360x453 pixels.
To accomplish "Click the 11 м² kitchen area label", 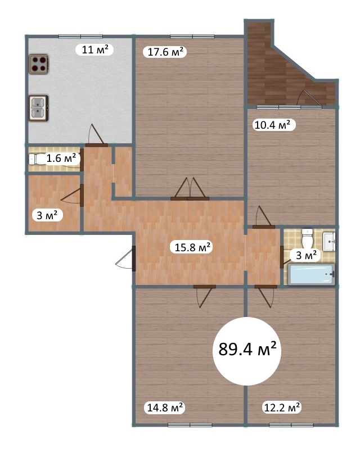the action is click(x=94, y=49).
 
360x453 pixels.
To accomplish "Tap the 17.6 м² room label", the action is click(x=165, y=52).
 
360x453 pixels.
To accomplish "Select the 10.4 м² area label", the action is click(x=272, y=125).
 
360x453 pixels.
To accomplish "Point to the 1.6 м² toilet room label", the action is click(x=61, y=158).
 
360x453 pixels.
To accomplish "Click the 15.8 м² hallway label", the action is click(x=192, y=247).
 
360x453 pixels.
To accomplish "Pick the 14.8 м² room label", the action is click(x=164, y=407).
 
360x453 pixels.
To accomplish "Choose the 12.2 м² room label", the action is click(x=282, y=407).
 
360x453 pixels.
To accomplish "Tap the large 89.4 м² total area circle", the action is click(x=247, y=351).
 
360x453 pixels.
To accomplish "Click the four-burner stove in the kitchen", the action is click(x=38, y=64).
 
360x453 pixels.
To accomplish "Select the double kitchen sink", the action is click(x=38, y=108).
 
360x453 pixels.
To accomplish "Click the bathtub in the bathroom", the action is click(x=312, y=274).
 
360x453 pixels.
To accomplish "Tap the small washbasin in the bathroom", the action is click(x=329, y=242).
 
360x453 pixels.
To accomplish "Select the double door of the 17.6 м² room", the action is click(x=190, y=189).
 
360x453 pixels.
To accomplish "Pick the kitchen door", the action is click(x=97, y=135).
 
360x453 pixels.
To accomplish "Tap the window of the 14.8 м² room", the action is click(x=190, y=425).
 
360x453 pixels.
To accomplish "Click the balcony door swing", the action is click(x=309, y=98).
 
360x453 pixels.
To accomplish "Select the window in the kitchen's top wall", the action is click(x=80, y=37).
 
